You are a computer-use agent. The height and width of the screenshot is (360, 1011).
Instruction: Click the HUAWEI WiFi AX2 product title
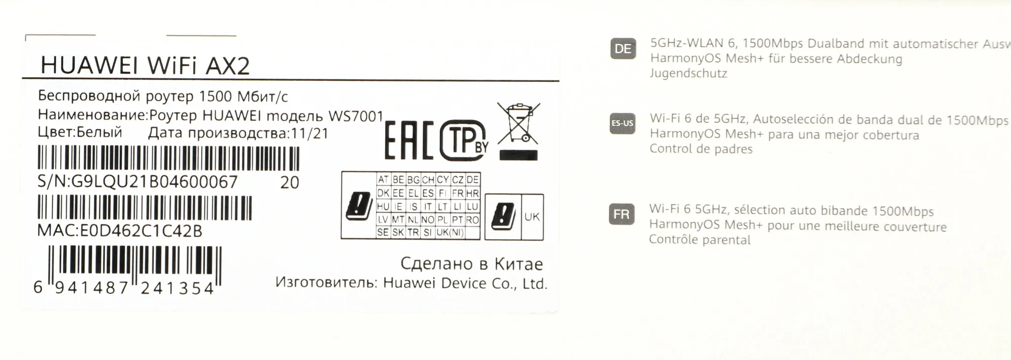click(145, 66)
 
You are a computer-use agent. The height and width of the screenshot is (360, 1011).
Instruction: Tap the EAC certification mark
click(409, 140)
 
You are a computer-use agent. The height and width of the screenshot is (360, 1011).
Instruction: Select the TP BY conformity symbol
click(464, 140)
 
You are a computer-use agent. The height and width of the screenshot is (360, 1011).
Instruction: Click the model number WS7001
click(356, 116)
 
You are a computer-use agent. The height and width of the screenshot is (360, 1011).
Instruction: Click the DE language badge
click(623, 49)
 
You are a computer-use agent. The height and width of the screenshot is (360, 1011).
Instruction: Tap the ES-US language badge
click(622, 123)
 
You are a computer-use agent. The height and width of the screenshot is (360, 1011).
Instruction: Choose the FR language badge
click(622, 214)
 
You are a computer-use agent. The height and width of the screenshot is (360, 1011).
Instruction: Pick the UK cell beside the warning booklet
click(532, 217)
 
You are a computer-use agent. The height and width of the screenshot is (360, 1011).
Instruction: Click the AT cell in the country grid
click(383, 179)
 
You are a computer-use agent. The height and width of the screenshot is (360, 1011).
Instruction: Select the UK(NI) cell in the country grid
click(450, 233)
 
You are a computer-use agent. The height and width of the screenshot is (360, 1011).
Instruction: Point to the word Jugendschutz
click(688, 74)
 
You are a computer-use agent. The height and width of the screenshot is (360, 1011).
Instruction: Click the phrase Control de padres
click(701, 149)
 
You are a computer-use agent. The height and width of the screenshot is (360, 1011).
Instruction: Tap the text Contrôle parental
click(700, 240)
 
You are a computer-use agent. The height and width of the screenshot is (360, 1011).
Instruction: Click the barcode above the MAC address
click(145, 208)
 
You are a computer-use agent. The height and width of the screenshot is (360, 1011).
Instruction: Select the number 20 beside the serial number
click(290, 183)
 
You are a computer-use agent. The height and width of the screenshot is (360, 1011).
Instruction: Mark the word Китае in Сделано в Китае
click(519, 264)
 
